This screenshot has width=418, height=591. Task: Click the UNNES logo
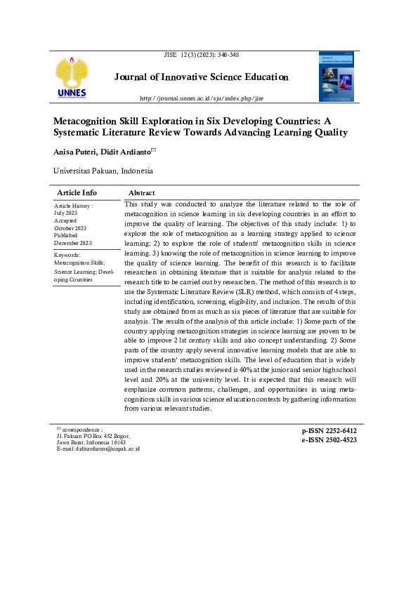click(x=73, y=78)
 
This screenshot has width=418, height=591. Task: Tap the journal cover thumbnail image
click(x=338, y=77)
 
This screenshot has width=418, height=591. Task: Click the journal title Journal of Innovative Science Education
click(x=201, y=77)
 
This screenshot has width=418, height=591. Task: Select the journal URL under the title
click(x=202, y=98)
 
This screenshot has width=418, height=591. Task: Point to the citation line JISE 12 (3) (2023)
click(x=201, y=55)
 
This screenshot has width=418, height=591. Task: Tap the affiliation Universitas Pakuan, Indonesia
click(x=103, y=171)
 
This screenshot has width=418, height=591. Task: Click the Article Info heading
click(x=77, y=192)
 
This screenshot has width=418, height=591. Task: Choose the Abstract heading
click(x=142, y=193)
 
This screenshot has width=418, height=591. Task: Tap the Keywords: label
click(x=67, y=255)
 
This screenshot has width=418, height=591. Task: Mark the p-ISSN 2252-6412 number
click(x=329, y=430)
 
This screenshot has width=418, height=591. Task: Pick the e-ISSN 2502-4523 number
click(x=329, y=440)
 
